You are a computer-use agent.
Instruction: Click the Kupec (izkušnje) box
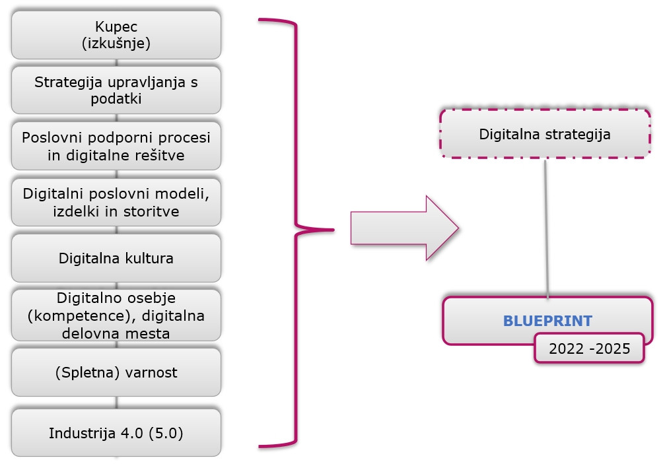116,35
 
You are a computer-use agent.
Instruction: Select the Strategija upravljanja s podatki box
116,90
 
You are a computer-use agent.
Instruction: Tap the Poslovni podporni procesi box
116,146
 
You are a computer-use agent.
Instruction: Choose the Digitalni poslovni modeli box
116,203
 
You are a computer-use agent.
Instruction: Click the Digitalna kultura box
116,258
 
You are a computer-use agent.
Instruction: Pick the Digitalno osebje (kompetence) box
116,315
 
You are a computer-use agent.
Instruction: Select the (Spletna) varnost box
116,372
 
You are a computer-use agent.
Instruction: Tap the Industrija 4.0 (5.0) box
116,433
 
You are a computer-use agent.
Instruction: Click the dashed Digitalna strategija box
545,134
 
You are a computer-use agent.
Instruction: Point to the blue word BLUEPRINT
547,321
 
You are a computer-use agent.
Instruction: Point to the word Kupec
116,28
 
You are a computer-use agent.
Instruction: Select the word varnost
153,372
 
